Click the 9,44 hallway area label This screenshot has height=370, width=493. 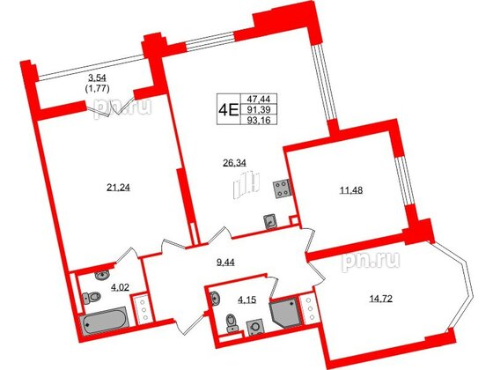(227, 261)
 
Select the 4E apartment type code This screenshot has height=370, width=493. (228, 110)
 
